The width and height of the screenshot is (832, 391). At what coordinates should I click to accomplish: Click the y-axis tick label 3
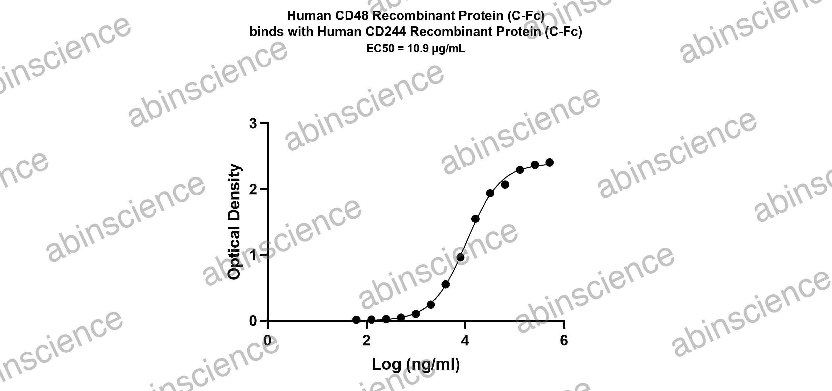click(253, 124)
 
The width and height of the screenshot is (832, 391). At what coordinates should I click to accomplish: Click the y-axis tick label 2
click(253, 189)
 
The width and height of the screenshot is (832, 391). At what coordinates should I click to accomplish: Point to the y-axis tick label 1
click(253, 255)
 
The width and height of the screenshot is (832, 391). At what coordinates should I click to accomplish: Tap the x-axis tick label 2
click(366, 341)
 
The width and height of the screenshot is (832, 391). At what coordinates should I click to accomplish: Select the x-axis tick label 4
click(465, 341)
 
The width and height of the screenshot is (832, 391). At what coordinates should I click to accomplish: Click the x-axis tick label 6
click(564, 341)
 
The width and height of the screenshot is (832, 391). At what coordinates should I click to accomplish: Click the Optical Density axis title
click(235, 222)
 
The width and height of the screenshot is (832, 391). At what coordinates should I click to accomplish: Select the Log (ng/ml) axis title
click(416, 365)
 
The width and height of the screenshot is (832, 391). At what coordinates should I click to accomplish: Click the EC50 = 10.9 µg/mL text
click(416, 49)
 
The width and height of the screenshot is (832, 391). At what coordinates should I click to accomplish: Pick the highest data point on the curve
click(549, 162)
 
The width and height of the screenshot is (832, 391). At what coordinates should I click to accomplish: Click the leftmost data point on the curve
click(356, 320)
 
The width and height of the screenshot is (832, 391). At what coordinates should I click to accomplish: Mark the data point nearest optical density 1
click(460, 257)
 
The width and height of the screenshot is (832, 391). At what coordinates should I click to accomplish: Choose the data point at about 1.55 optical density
click(475, 219)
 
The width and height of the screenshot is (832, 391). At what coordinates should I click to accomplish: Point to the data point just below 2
click(490, 193)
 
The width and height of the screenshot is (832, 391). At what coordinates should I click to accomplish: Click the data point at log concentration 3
click(416, 314)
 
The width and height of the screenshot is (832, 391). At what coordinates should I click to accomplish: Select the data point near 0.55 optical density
click(446, 284)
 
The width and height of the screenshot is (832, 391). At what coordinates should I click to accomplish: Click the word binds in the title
click(265, 32)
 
